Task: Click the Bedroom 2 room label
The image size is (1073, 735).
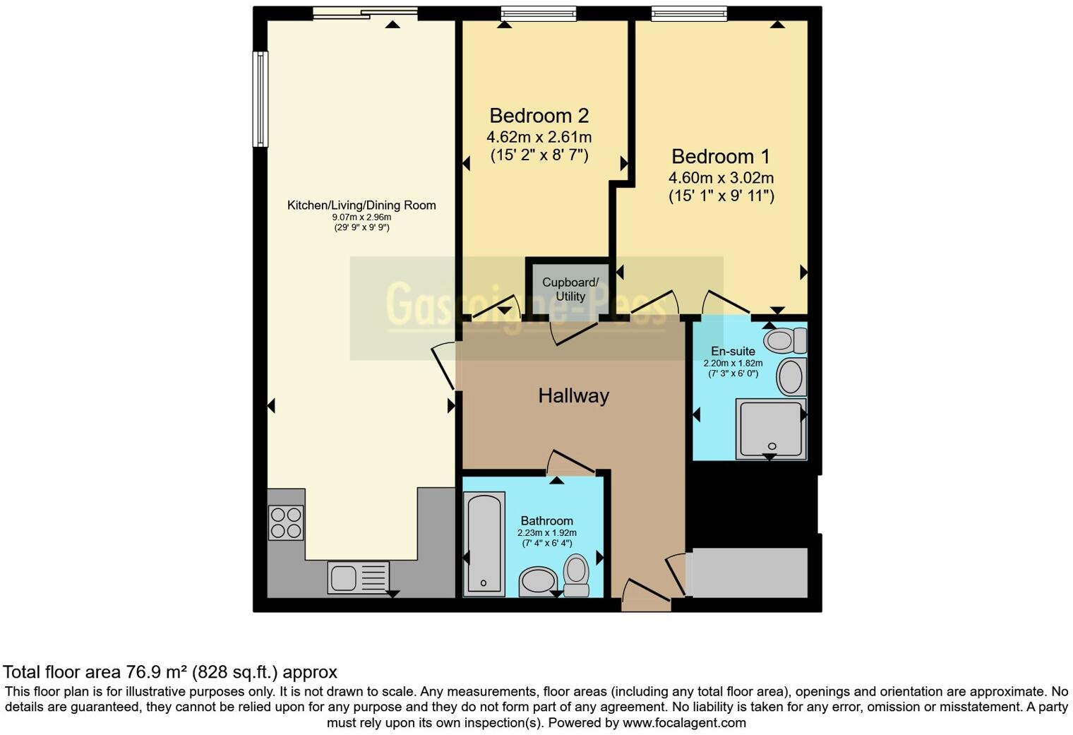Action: (539, 116)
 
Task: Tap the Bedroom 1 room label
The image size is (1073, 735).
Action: (721, 157)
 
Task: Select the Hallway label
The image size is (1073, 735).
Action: (573, 396)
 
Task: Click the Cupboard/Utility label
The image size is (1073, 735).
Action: (570, 289)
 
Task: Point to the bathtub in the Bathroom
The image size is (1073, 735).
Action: (484, 542)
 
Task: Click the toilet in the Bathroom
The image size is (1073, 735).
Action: (577, 574)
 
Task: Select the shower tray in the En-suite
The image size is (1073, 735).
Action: (770, 429)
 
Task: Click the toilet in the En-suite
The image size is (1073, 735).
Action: (785, 341)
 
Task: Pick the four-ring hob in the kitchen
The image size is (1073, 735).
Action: (286, 523)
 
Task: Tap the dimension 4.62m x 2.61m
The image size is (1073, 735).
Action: (539, 137)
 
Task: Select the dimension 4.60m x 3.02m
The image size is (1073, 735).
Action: (721, 178)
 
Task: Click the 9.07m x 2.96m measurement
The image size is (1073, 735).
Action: (361, 217)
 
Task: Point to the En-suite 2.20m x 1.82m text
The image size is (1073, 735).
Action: (733, 363)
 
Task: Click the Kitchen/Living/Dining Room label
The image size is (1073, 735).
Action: (361, 205)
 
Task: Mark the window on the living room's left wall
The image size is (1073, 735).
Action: (260, 99)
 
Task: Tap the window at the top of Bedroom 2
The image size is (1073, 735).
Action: (538, 13)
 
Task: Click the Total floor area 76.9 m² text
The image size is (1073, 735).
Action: (169, 671)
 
